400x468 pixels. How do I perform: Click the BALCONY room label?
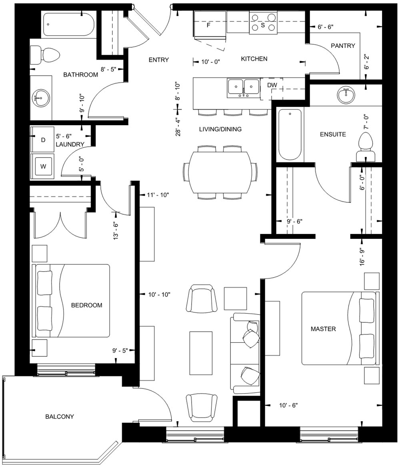[x=59, y=416]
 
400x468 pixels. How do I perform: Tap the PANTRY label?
[x=343, y=46]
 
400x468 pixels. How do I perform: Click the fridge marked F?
[x=209, y=25]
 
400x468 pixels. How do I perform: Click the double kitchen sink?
[x=243, y=88]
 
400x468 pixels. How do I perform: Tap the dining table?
[x=220, y=172]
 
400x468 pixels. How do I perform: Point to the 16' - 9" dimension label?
[x=363, y=256]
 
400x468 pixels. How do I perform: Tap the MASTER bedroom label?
[x=323, y=329]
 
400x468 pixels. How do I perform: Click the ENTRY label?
[x=158, y=60]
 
